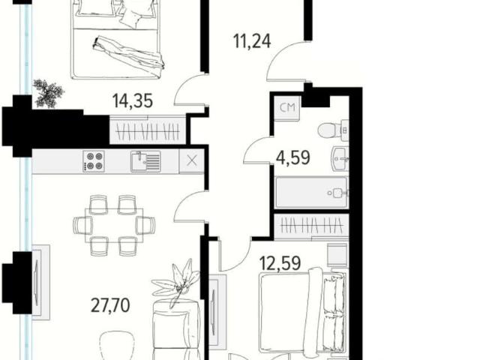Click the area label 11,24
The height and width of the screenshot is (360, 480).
[252, 41]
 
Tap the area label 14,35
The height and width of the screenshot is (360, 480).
[133, 100]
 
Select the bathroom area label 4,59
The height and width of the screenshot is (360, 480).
[293, 158]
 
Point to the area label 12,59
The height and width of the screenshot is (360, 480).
[280, 263]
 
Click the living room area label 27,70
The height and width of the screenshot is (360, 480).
[110, 305]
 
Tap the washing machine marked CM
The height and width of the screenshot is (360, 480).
[287, 107]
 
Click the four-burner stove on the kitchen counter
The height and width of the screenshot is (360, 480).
[94, 161]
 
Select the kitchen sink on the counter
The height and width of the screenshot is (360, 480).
[145, 161]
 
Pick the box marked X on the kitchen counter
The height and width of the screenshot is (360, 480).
[192, 160]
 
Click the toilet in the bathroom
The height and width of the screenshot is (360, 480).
[333, 130]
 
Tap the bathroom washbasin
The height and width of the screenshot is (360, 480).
[340, 159]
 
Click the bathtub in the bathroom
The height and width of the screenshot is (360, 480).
[312, 193]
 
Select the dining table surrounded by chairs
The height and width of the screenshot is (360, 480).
[114, 225]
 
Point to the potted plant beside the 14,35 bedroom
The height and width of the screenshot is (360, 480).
[48, 93]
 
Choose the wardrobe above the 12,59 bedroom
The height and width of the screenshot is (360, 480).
[311, 226]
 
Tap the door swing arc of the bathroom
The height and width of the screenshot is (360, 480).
[252, 147]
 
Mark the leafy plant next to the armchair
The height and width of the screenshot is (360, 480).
[177, 282]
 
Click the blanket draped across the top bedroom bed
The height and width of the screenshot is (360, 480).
[128, 54]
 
